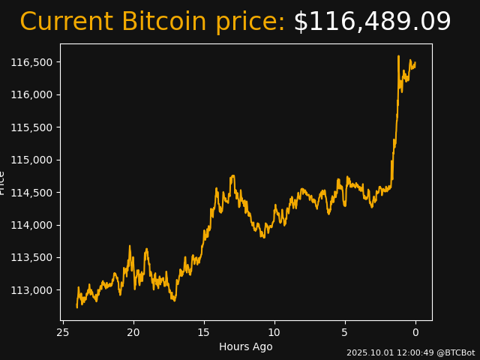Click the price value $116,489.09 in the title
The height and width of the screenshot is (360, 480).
pyautogui.click(x=372, y=22)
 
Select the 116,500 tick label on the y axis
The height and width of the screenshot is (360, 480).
pyautogui.click(x=31, y=62)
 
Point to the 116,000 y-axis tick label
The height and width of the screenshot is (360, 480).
pyautogui.click(x=31, y=94)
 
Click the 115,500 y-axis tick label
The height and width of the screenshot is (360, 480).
pyautogui.click(x=31, y=127)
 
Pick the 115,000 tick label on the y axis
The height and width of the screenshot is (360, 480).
pyautogui.click(x=31, y=160)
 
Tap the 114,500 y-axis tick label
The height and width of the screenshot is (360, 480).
pyautogui.click(x=31, y=193)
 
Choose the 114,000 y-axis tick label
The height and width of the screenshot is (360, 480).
pyautogui.click(x=31, y=225)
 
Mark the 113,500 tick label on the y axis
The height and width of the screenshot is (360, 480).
pyautogui.click(x=31, y=258)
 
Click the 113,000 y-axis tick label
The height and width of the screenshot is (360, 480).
pyautogui.click(x=31, y=290)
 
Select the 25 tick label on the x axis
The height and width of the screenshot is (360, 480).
pyautogui.click(x=63, y=332)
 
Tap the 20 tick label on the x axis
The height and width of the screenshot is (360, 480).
pyautogui.click(x=133, y=332)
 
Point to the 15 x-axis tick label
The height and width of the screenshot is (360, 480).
pyautogui.click(x=204, y=332)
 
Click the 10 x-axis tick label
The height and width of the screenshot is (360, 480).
pyautogui.click(x=274, y=332)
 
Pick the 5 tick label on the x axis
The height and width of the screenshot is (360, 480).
pyautogui.click(x=345, y=332)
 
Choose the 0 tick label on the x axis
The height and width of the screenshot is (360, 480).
pyautogui.click(x=415, y=332)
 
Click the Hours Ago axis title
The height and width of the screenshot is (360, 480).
pyautogui.click(x=246, y=346)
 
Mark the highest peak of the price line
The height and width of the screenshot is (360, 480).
pyautogui.click(x=398, y=56)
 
